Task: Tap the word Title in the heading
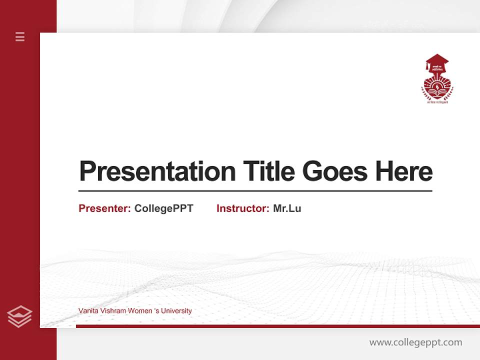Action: [268, 171]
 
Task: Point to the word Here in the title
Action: [404, 171]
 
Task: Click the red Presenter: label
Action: [104, 208]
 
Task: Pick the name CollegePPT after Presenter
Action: [163, 208]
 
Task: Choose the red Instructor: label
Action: [242, 208]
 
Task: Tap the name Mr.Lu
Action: [287, 208]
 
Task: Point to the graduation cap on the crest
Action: [437, 61]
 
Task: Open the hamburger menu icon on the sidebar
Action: [20, 36]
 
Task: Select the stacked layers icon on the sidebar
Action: [19, 316]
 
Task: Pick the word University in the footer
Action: [175, 311]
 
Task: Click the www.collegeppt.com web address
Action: [415, 342]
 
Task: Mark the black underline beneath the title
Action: [255, 191]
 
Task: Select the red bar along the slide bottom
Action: [277, 326]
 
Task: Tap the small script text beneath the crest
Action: [437, 102]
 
